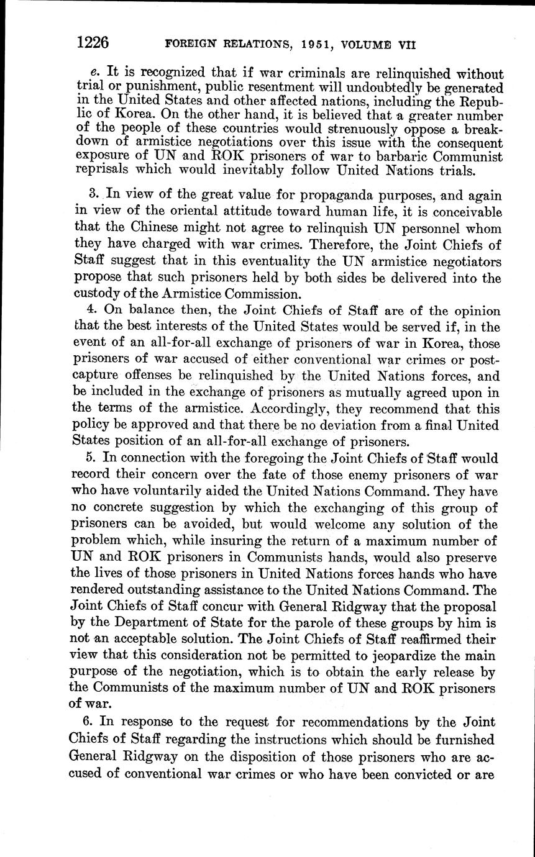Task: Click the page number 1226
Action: pyautogui.click(x=93, y=42)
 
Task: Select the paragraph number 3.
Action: pyautogui.click(x=93, y=194)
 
